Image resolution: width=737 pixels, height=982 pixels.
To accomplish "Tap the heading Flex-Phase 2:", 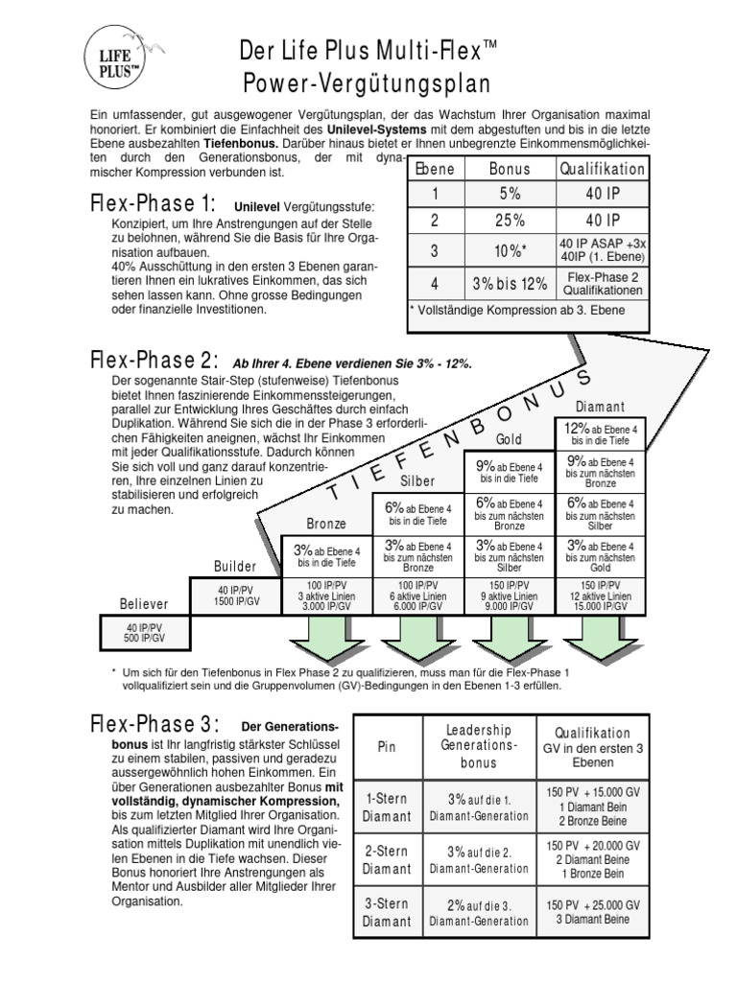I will [155, 361].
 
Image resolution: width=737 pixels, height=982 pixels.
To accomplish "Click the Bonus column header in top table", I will [509, 169].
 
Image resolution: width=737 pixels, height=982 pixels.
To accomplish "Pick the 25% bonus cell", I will [509, 220].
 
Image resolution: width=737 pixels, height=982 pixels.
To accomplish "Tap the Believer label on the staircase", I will [144, 604].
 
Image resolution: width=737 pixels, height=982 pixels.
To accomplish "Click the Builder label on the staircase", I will [235, 567].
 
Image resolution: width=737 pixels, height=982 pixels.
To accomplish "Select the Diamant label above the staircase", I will [601, 407].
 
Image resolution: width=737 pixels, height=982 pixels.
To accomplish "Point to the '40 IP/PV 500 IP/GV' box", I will [144, 632].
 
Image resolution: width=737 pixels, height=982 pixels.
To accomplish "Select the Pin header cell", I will [387, 745].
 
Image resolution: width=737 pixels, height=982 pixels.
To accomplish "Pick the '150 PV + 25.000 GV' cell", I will [594, 912].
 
